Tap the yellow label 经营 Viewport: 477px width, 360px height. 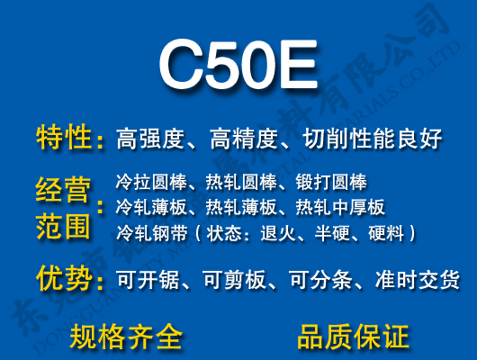[63, 191]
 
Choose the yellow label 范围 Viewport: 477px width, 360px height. [63, 225]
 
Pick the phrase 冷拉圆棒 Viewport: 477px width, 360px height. [147, 180]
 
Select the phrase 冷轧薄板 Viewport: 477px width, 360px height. [147, 206]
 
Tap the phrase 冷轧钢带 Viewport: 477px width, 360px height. [147, 233]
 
